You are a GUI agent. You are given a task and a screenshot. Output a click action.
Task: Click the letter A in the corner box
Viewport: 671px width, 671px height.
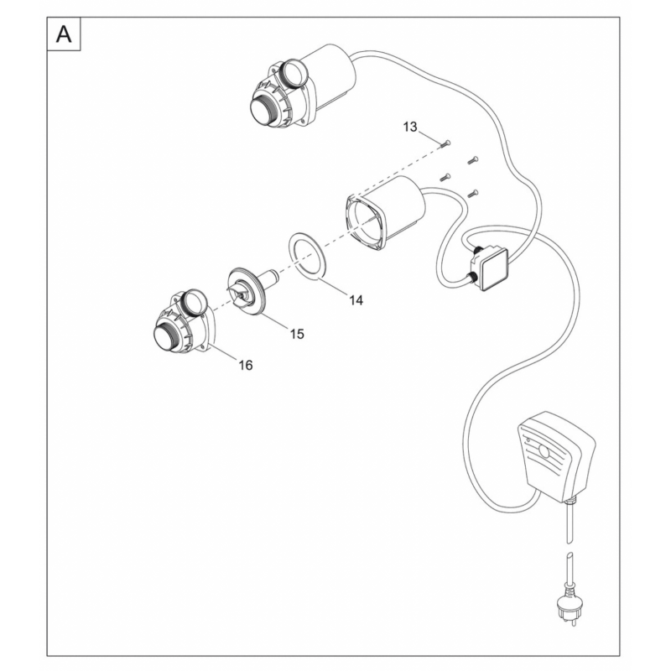[64, 34]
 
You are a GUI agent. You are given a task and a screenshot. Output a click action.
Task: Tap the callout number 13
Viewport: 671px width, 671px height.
[409, 127]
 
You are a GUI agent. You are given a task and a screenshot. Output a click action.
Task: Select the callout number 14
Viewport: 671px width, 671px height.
[356, 300]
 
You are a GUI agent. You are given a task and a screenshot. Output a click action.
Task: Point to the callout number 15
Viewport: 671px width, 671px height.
[297, 333]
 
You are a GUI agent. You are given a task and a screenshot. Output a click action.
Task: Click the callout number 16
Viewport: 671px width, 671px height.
[246, 365]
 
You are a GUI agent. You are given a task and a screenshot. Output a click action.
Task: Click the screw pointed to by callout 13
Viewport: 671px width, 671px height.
[445, 143]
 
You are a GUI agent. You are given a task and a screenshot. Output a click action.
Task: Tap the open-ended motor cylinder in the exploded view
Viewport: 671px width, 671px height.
[384, 214]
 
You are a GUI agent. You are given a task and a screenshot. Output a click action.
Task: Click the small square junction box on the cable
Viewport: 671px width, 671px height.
[489, 268]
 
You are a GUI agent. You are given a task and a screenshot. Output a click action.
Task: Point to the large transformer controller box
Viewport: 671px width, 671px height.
[556, 456]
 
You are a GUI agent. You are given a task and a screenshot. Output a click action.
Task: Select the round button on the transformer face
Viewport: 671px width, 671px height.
[544, 450]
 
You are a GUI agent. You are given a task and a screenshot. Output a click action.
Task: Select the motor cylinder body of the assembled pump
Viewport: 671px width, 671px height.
[329, 77]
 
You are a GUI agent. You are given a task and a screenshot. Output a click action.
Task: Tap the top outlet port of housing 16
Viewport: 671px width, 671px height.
[195, 302]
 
